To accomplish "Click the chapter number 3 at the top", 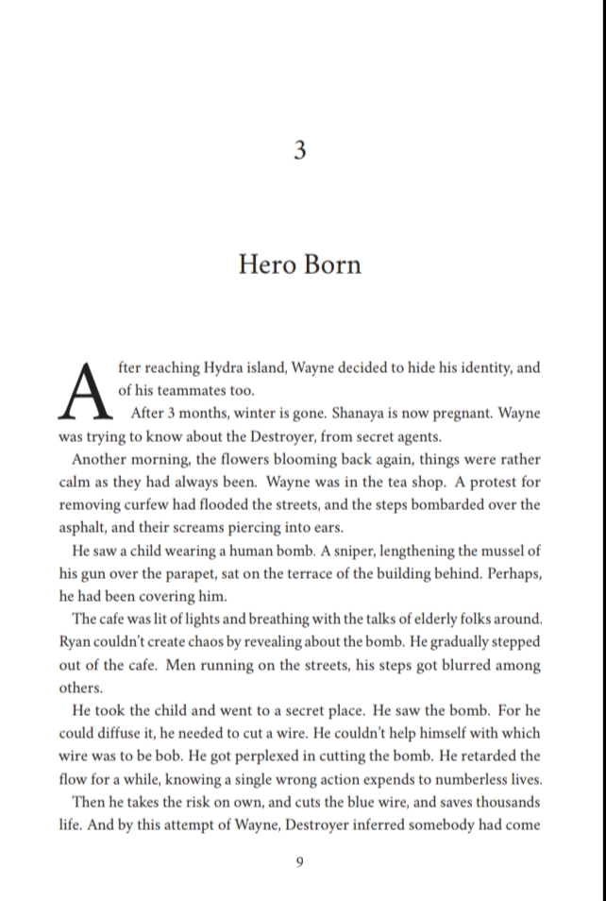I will [x=299, y=151].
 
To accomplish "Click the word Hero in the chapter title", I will [x=267, y=263].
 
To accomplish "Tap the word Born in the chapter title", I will [x=331, y=263].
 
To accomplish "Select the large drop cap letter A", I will [x=86, y=389].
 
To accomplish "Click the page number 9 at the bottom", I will [x=299, y=860].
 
